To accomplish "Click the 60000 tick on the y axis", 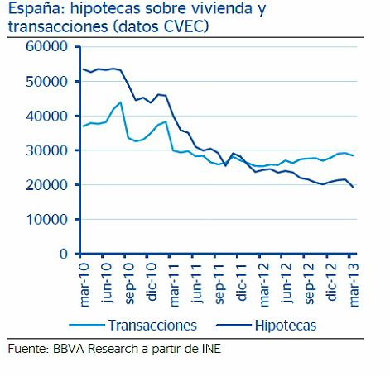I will (48, 47).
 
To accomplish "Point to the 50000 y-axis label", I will (48, 82).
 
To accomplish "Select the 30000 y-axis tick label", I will (48, 150).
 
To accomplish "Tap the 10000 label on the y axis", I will (48, 220).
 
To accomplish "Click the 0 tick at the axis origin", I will (63, 254).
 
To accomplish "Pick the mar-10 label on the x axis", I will (84, 278).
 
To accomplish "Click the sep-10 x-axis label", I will (130, 278).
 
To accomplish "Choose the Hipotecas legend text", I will (285, 325).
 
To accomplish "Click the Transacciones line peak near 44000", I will (121, 102).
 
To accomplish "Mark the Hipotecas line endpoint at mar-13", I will (354, 187).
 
